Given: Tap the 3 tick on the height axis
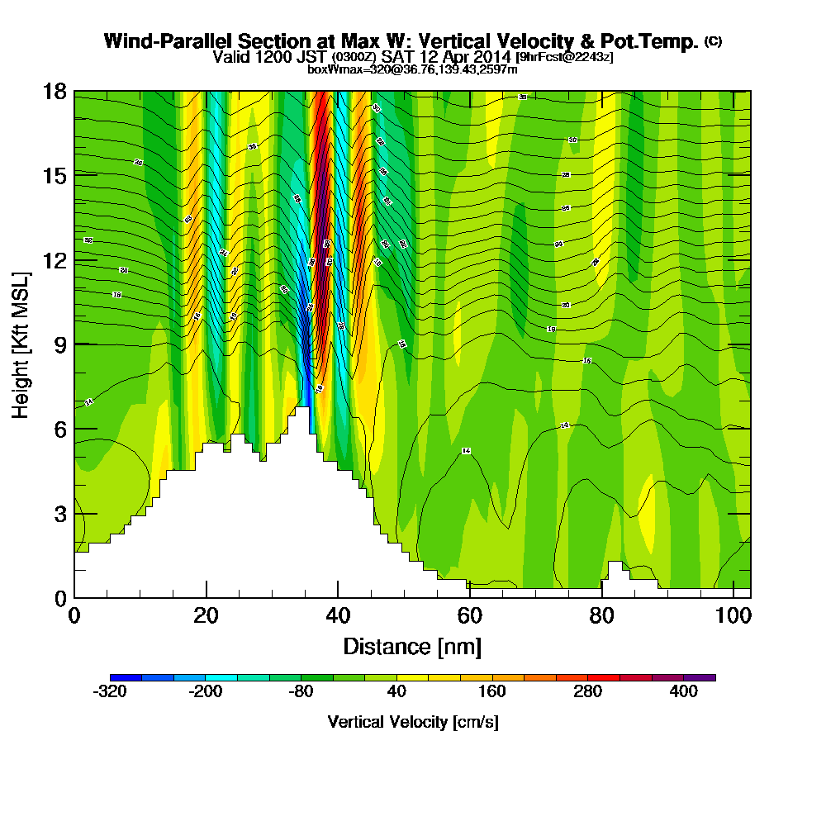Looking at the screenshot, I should pos(59,513).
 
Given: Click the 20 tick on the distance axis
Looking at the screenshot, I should pos(206,615).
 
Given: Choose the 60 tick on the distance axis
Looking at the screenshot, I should pos(469,615).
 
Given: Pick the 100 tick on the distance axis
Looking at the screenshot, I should pos(732,615).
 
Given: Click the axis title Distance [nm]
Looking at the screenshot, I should pos(412,645).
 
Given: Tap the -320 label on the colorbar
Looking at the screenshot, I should pos(110,692).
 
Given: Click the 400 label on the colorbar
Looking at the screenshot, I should pos(684,692).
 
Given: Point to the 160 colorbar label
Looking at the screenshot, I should pos(492,692).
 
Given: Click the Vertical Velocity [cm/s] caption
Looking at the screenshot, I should pos(412,722).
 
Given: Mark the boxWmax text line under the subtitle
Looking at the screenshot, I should pos(412,69).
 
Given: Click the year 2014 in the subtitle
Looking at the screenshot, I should pos(492,57).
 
